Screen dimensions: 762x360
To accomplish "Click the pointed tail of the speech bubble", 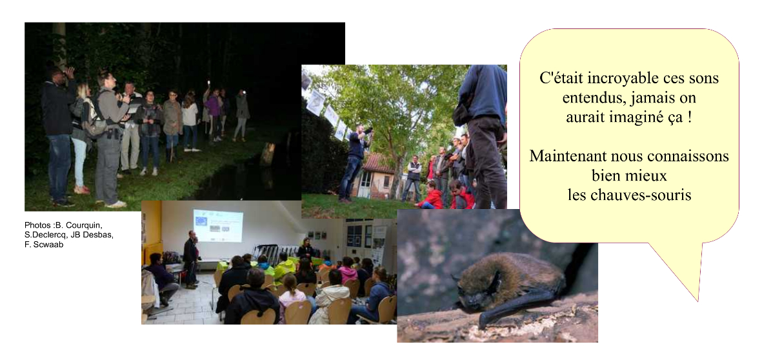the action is [x=698, y=299].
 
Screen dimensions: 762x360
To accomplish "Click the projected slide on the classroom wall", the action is [x=217, y=225].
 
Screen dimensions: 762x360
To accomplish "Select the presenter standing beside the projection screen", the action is [x=190, y=259].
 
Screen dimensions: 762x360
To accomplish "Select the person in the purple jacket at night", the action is [x=214, y=114].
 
